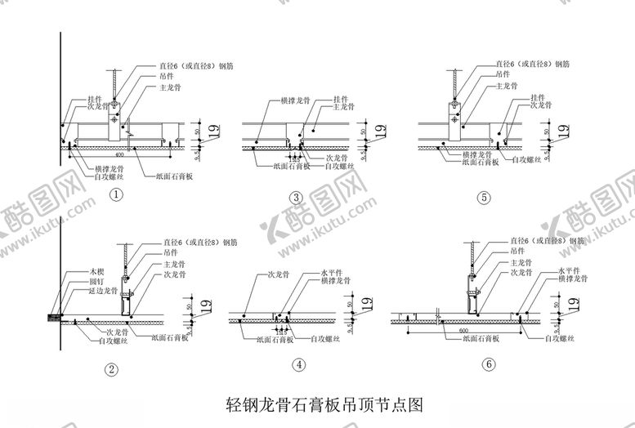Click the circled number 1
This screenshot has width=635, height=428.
click(x=118, y=194)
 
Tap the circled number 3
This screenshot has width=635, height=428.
click(x=297, y=197)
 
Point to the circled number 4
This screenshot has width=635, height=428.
click(x=299, y=365)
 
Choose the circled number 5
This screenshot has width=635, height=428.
click(x=485, y=197)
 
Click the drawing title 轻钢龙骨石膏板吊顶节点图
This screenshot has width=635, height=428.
click(x=324, y=403)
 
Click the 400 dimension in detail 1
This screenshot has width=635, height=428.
click(x=120, y=154)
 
